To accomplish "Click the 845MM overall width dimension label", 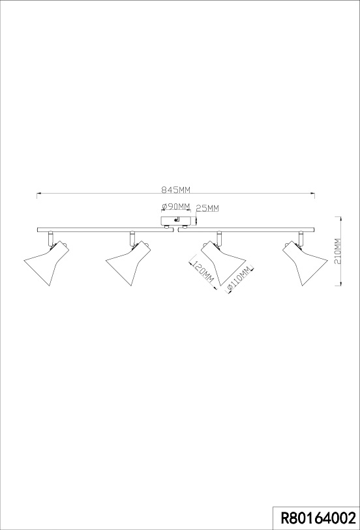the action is tap(175, 190).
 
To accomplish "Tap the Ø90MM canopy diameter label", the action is tap(176, 207).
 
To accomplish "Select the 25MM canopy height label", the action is tap(207, 208).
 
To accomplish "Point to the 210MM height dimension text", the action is tap(338, 251).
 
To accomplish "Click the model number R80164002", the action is tap(319, 518).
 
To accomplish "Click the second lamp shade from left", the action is tap(128, 263).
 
